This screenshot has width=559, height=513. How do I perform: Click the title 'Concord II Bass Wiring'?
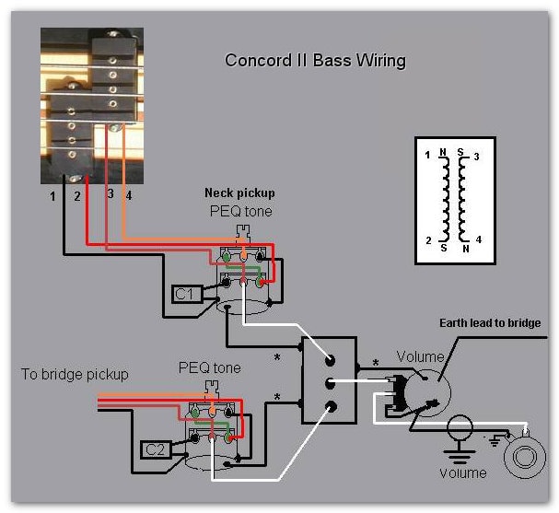pos(316,61)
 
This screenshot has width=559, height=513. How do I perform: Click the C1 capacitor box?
pos(185,294)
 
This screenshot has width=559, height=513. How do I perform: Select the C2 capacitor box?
pos(156,449)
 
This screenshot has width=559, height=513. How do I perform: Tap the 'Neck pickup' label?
pos(239,193)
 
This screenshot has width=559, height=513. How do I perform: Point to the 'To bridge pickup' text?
pos(75,374)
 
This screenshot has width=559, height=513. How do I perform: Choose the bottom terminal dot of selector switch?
pos(331,405)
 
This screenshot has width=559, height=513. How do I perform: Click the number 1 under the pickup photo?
pos(53,196)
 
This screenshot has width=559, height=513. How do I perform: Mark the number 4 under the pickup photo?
pos(129,195)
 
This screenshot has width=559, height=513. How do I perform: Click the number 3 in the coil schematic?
pos(476,157)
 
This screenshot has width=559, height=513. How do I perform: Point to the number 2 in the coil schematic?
pos(427,240)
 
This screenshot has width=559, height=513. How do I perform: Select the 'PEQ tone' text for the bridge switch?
pos(209,367)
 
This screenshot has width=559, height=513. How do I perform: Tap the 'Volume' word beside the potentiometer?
pos(420,356)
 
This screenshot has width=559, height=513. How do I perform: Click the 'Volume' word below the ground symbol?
pos(462,472)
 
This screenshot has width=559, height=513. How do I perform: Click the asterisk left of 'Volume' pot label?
pos(375,363)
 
